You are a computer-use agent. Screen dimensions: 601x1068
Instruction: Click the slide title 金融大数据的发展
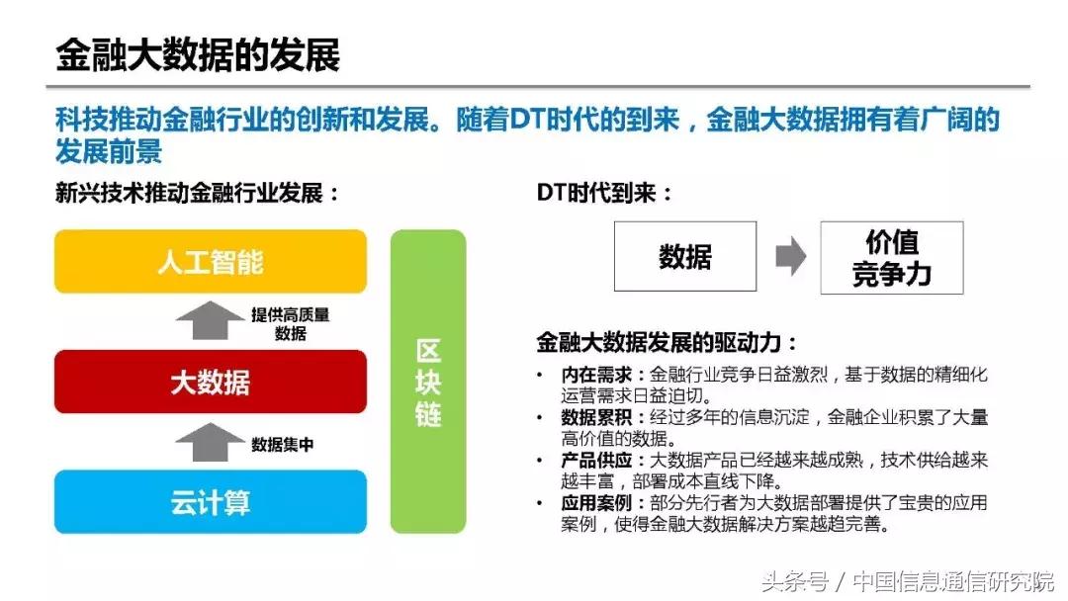click(198, 54)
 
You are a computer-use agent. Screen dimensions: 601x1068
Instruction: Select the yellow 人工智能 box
click(210, 262)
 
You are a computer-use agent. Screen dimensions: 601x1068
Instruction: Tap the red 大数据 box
click(210, 383)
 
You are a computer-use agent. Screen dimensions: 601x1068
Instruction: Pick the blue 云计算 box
click(210, 502)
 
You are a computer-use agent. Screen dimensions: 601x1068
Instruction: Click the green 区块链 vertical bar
click(428, 383)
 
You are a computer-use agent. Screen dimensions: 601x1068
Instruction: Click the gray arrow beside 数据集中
click(209, 443)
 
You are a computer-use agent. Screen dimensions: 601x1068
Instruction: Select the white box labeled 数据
click(684, 257)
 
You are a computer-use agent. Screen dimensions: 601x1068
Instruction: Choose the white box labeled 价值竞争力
click(891, 258)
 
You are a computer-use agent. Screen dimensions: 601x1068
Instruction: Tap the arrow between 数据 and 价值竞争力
click(790, 257)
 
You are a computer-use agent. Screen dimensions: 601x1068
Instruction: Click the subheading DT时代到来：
click(604, 193)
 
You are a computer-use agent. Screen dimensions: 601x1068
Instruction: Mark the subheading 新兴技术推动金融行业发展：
click(198, 193)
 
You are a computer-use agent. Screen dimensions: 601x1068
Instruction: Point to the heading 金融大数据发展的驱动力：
click(667, 343)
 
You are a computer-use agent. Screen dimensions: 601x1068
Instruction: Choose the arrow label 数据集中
click(283, 445)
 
